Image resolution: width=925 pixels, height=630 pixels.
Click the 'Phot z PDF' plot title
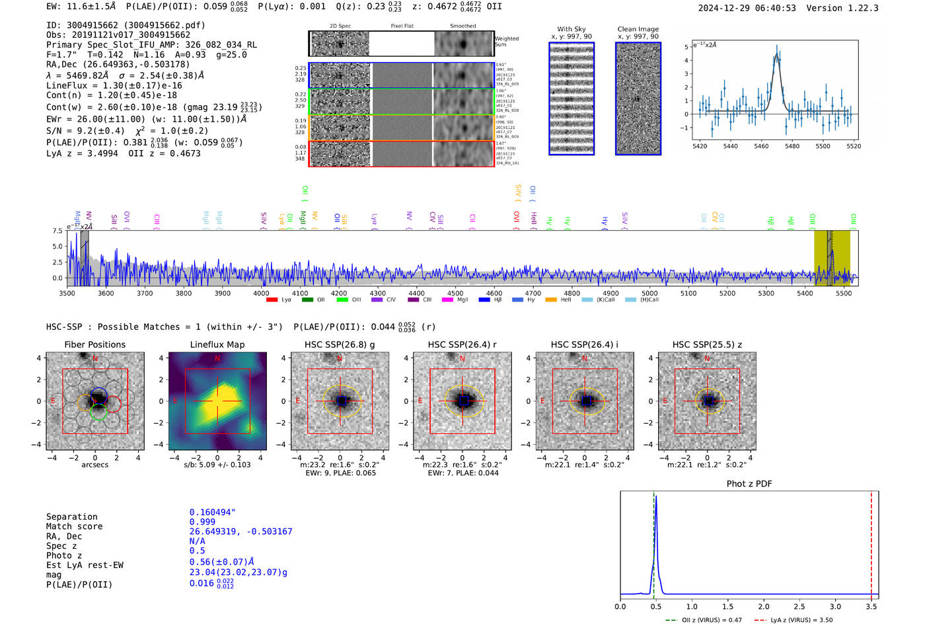pyautogui.click(x=749, y=484)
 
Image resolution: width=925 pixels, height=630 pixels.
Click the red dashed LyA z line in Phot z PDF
pyautogui.click(x=871, y=542)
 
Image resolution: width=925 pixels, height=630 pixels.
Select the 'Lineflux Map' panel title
pyautogui.click(x=217, y=344)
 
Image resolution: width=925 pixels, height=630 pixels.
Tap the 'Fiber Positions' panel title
pyautogui.click(x=94, y=344)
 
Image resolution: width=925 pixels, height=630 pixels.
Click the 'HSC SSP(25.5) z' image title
pyautogui.click(x=707, y=344)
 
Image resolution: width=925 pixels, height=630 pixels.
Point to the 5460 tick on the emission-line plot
pyautogui.click(x=761, y=146)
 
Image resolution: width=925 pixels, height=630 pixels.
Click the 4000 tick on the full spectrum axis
pyautogui.click(x=261, y=294)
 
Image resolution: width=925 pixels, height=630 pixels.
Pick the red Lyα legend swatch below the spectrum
pyautogui.click(x=272, y=300)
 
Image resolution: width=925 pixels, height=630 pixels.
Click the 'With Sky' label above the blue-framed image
pyautogui.click(x=571, y=29)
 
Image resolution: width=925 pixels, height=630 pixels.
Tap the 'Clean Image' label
pyautogui.click(x=638, y=29)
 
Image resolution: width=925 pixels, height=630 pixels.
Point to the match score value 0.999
pyautogui.click(x=202, y=522)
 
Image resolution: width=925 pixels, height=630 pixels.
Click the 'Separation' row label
pyautogui.click(x=71, y=517)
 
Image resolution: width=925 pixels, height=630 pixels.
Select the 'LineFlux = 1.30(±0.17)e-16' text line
pyautogui.click(x=114, y=85)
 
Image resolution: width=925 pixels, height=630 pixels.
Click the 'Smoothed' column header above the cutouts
pyautogui.click(x=462, y=26)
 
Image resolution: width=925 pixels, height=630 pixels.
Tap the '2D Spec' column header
pyautogui.click(x=340, y=26)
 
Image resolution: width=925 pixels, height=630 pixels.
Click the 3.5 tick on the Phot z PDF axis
pyautogui.click(x=871, y=606)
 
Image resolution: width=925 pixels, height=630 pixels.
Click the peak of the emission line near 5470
pyautogui.click(x=776, y=48)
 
